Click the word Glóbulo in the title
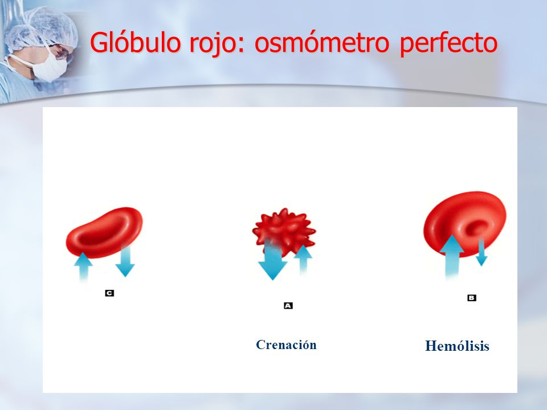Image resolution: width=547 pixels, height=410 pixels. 135,42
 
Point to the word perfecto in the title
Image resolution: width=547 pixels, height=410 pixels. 448,43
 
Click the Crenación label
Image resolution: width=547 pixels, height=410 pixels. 286,345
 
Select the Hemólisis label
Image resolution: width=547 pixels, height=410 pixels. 457,346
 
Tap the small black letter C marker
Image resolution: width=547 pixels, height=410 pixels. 109,293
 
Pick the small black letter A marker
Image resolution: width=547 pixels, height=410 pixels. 288,306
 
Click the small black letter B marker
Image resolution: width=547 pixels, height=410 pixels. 472,298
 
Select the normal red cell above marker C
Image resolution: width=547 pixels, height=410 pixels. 104,232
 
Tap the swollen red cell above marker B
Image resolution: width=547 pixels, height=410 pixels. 465,224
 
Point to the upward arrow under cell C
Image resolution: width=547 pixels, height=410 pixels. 83,266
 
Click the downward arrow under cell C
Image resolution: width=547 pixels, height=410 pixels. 125,261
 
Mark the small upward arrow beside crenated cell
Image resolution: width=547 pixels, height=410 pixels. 303,260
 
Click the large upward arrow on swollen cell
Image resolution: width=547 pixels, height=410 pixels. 452,256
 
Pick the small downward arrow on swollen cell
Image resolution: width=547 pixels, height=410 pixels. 481,252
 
